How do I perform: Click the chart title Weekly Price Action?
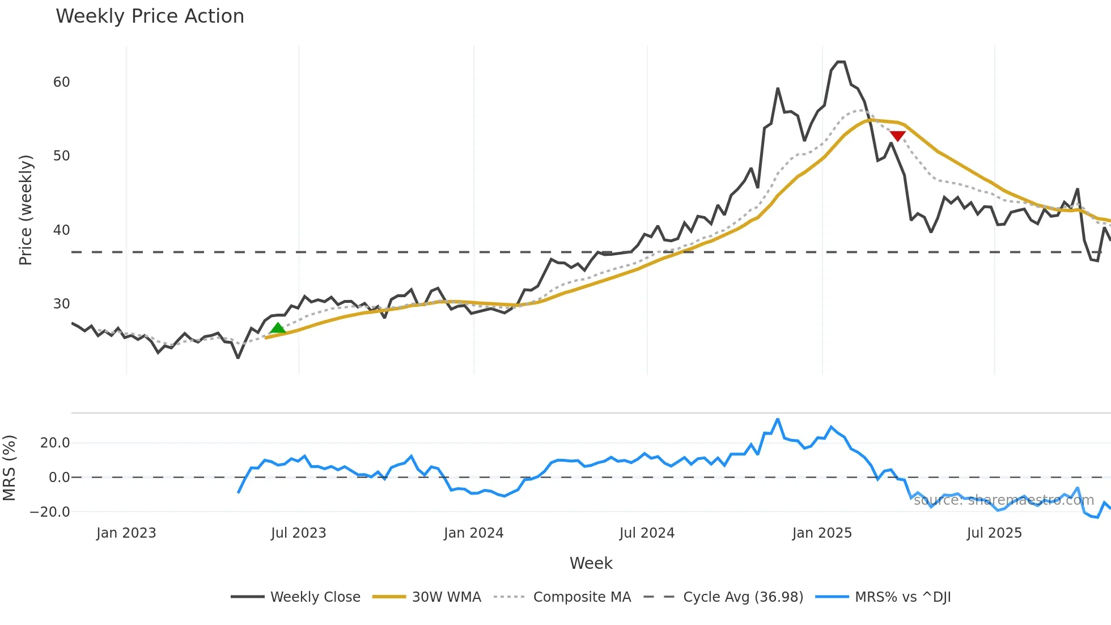150,16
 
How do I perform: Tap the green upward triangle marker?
278,328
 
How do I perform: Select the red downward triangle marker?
897,136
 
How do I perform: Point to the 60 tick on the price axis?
61,82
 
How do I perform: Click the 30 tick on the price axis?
61,304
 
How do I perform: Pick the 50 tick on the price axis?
61,156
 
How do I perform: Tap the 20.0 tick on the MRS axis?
55,443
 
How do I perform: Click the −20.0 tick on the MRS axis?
50,512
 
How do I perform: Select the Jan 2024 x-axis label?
473,533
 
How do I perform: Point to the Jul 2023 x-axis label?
298,533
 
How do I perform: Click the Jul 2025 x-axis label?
994,533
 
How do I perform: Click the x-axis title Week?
591,563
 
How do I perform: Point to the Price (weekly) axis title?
26,210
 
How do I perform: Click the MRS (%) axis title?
9,468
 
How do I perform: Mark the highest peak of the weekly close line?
841,62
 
